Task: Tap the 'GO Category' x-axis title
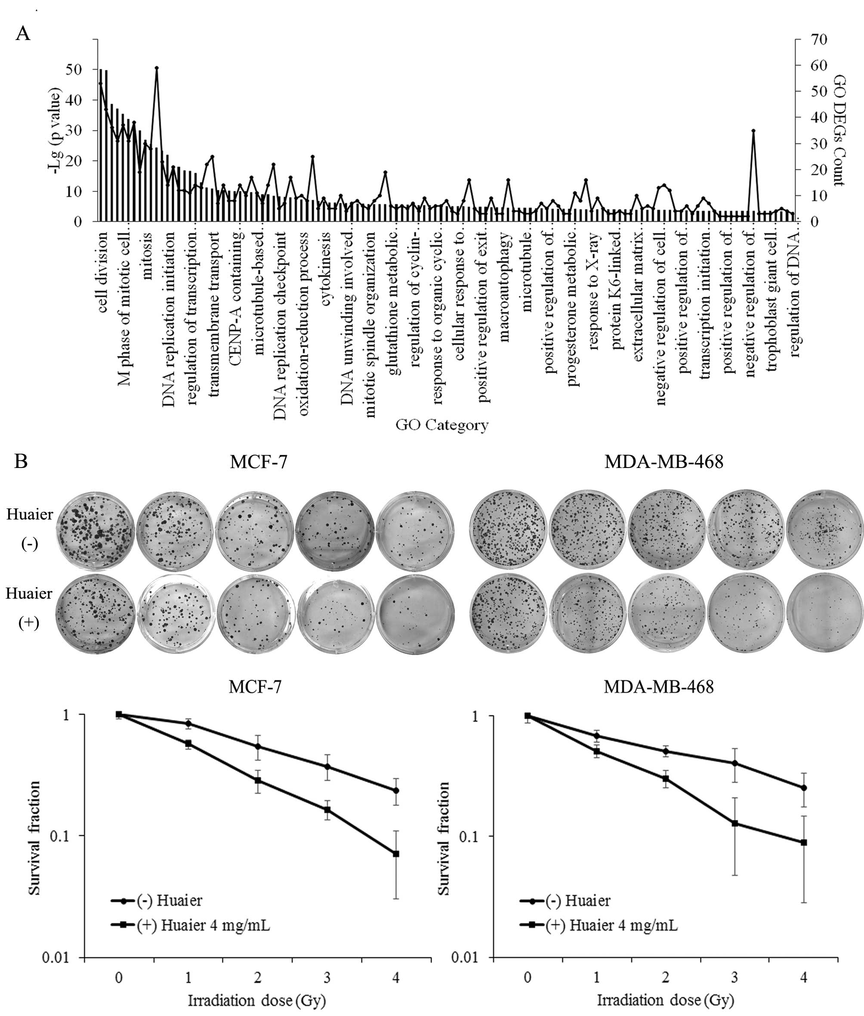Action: point(441,425)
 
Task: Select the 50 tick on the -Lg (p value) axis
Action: point(74,70)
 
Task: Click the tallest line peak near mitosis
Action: point(157,68)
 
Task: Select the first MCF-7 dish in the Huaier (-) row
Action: point(96,530)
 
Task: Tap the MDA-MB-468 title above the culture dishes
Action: point(663,462)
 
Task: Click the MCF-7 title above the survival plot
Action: point(255,687)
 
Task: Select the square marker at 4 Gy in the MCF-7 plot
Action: point(396,853)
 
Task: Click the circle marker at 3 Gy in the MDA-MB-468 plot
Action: point(734,763)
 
